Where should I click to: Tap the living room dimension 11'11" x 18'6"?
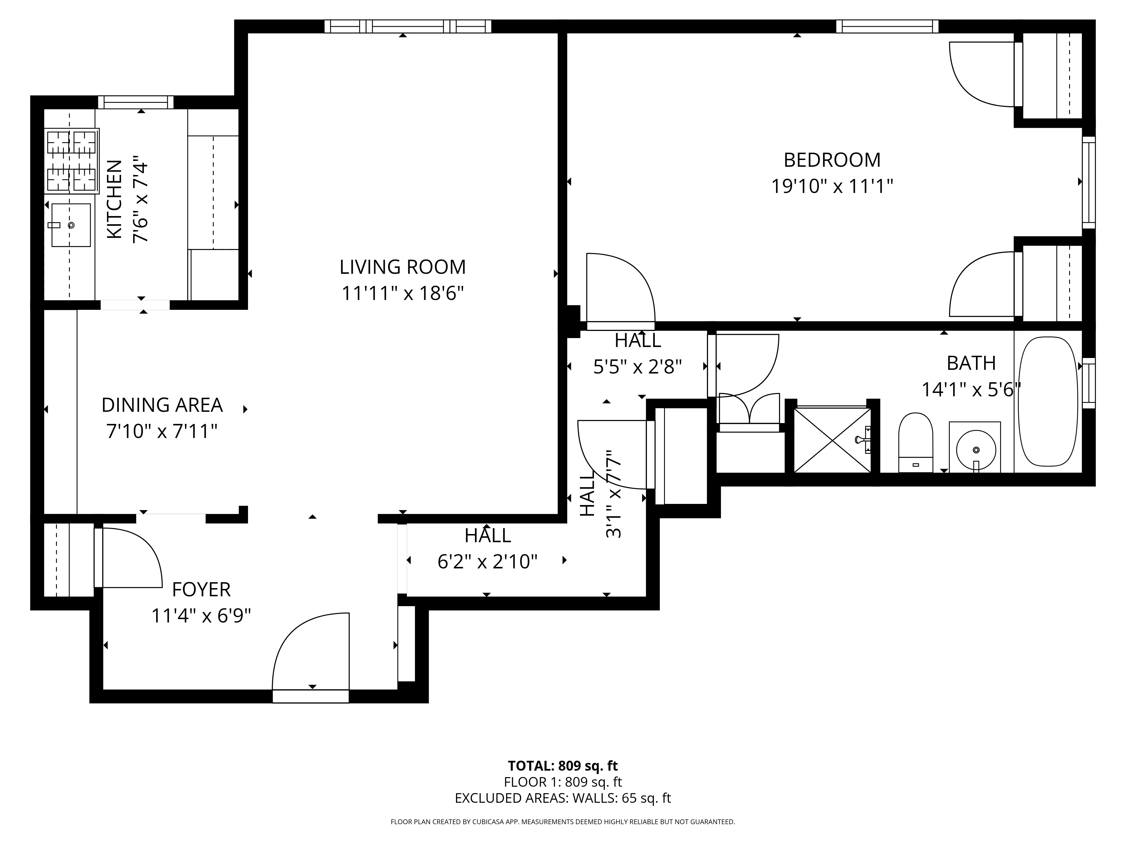pos(402,293)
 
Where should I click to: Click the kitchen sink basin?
pos(71,225)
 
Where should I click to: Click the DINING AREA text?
pos(162,405)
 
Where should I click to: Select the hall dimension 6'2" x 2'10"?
pos(487,562)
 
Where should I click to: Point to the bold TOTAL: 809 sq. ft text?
pos(562,766)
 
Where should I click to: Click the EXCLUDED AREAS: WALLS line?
pos(562,798)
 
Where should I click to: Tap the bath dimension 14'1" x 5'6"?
pos(971,390)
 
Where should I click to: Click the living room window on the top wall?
pos(408,26)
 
